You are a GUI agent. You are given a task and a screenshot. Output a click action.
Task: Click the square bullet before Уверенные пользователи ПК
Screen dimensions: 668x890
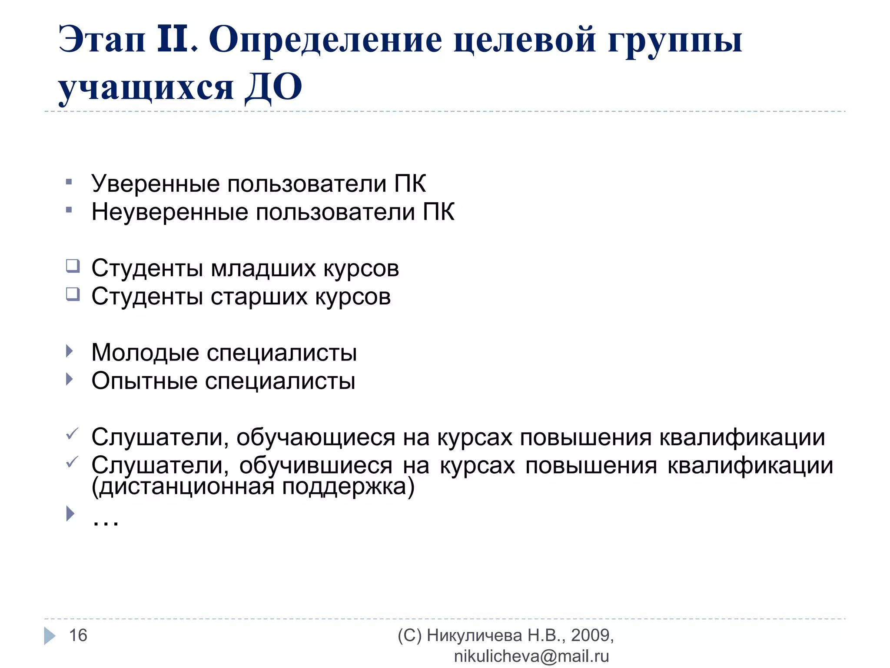pos(69,182)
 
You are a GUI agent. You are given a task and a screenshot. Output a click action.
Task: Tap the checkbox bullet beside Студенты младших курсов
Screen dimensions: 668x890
pos(73,266)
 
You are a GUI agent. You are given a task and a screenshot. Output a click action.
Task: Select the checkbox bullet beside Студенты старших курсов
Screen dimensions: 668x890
pos(73,294)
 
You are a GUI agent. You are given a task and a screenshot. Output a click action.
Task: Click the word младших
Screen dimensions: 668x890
pos(263,268)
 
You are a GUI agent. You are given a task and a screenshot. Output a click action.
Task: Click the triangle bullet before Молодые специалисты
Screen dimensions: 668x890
pos(70,351)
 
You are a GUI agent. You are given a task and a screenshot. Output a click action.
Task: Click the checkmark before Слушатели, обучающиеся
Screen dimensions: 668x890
pos(72,434)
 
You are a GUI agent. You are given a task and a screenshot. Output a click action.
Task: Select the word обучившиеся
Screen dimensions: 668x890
pos(315,465)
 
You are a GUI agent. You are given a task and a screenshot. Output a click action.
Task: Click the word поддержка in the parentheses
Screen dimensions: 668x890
pos(348,487)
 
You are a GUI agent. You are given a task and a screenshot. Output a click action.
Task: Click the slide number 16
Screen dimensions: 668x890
pos(78,635)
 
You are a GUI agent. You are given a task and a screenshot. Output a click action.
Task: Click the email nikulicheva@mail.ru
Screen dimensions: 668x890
pos(531,656)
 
